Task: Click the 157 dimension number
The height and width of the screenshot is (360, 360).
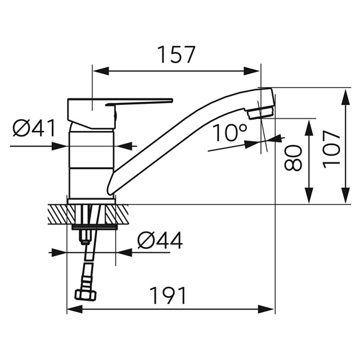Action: click(177, 55)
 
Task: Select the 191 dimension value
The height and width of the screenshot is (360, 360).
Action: click(168, 295)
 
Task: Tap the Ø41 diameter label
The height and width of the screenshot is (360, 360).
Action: click(34, 128)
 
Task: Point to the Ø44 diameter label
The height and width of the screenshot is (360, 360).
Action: click(160, 240)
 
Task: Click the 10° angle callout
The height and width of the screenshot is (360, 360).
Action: click(230, 132)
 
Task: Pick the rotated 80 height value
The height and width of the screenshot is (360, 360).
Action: click(293, 158)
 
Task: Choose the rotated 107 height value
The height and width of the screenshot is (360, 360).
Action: click(331, 149)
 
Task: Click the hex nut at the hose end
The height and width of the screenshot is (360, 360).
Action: click(86, 295)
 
